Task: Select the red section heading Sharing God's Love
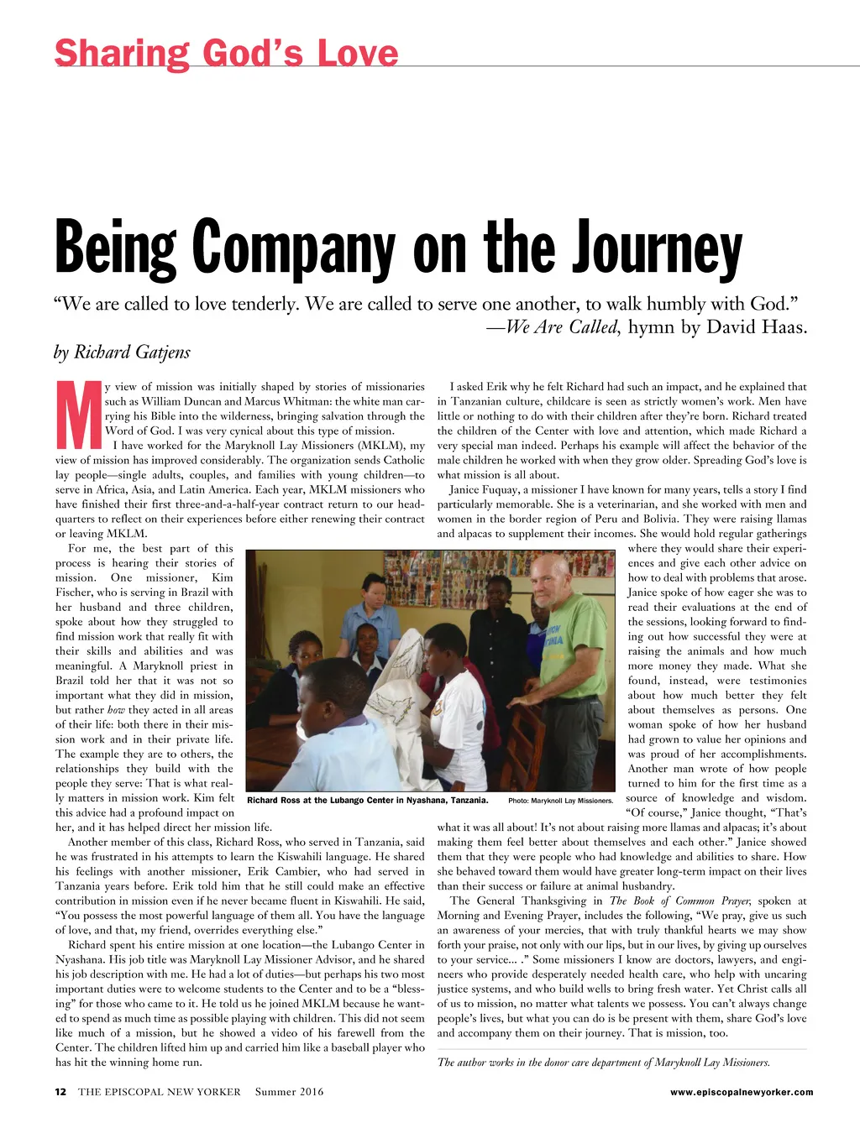click(x=226, y=54)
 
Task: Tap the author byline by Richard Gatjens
click(x=123, y=352)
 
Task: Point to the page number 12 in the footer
click(x=60, y=1092)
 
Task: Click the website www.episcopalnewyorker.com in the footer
click(x=742, y=1092)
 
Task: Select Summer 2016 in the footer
click(x=289, y=1092)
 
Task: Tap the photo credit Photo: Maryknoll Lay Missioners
click(x=560, y=801)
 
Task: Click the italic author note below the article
click(x=603, y=1063)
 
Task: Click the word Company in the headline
click(x=293, y=248)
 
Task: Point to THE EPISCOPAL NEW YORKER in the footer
click(x=159, y=1092)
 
